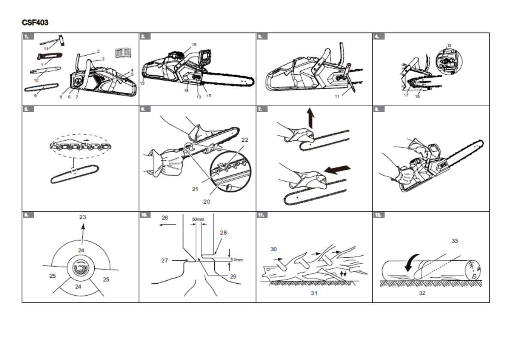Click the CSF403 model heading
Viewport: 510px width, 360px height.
pos(35,22)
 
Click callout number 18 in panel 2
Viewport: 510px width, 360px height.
pos(194,45)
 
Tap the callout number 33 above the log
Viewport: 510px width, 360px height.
pos(455,241)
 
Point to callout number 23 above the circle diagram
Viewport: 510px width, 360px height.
pos(83,217)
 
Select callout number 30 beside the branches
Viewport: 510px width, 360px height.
pos(273,249)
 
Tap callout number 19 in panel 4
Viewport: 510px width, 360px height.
pos(449,45)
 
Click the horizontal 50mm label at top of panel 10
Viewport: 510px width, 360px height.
pos(198,219)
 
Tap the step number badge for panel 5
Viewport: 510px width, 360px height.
pos(28,109)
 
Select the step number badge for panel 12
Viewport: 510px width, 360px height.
pos(379,215)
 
